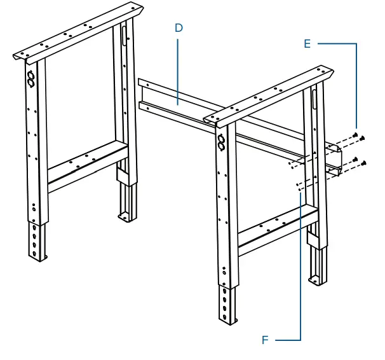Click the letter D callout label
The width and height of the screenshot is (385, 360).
tap(179, 28)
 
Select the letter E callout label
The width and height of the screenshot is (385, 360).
tap(307, 43)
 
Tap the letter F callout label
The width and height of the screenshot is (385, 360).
tap(265, 340)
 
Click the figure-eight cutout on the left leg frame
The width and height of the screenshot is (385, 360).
tap(30, 78)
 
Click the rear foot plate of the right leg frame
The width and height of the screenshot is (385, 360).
tap(316, 279)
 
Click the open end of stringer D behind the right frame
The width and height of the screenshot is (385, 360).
tap(334, 159)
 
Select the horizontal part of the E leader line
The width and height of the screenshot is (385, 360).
tap(337, 43)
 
